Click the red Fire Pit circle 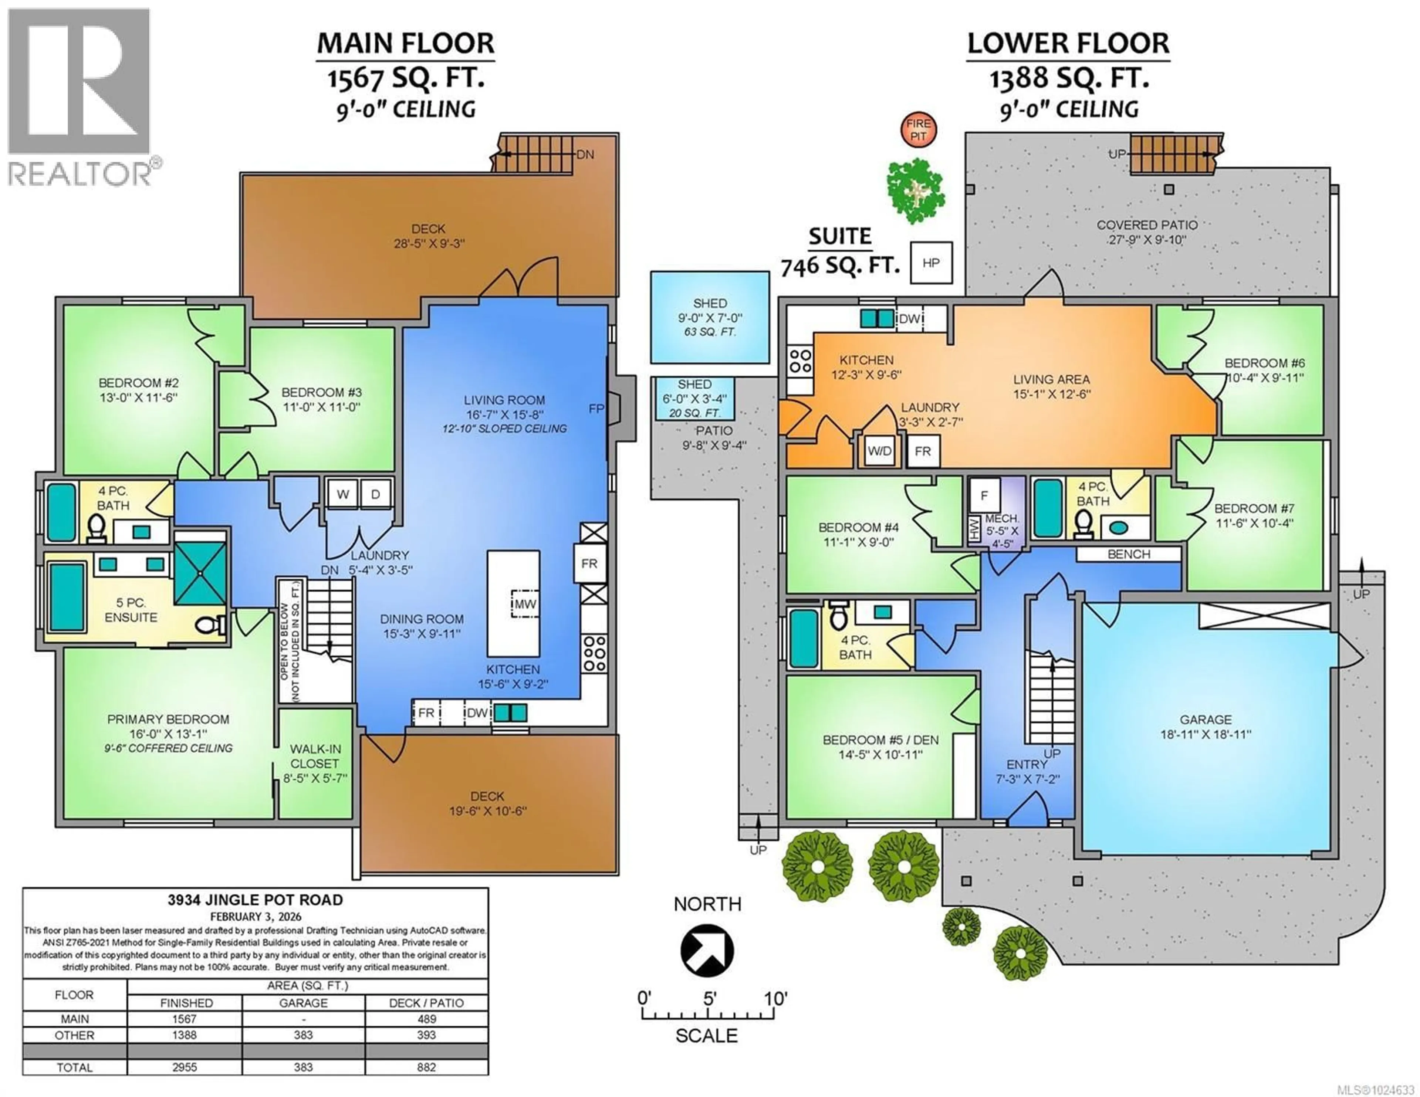(918, 129)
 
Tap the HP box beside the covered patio (931, 263)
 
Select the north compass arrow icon (707, 951)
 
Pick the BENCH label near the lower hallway (1129, 554)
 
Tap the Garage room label (1206, 720)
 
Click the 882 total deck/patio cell (426, 1067)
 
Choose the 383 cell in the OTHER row (303, 1035)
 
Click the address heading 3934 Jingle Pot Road (255, 900)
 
